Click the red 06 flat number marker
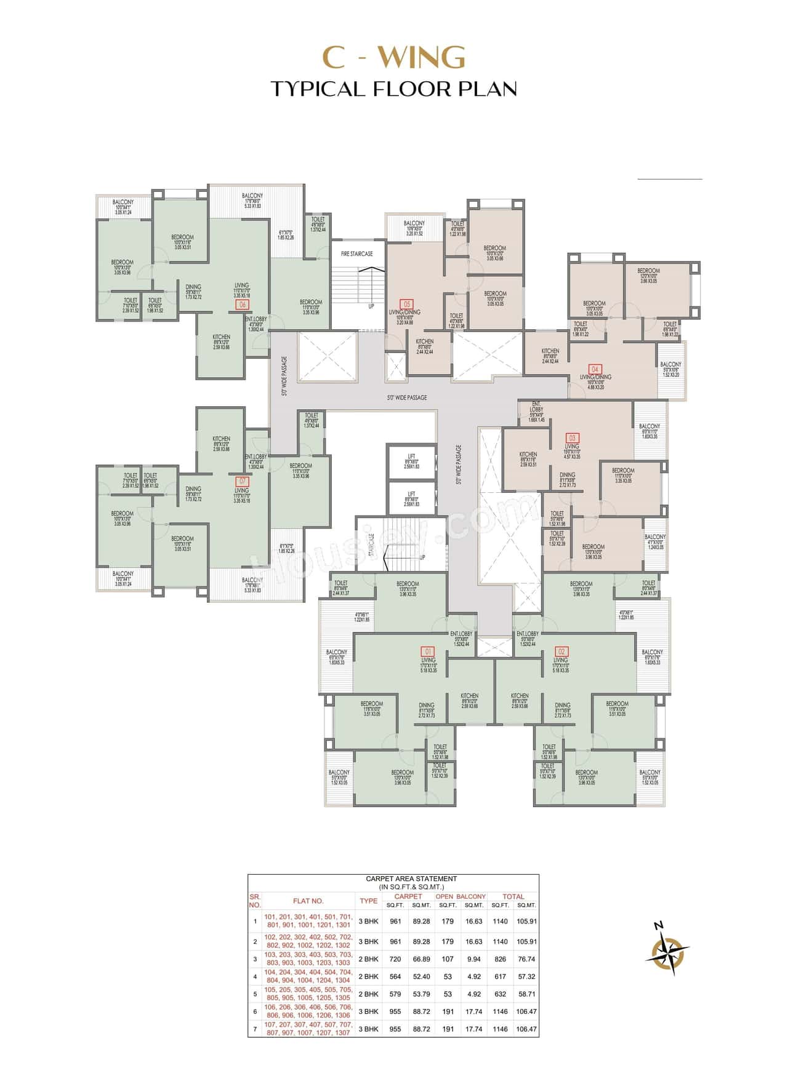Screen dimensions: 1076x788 click(243, 305)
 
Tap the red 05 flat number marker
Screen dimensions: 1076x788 click(406, 304)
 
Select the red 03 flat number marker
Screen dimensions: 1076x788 click(572, 438)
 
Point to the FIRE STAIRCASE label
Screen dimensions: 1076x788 click(357, 253)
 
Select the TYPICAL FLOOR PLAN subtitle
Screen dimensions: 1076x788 click(394, 89)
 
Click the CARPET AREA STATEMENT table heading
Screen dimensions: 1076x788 click(411, 879)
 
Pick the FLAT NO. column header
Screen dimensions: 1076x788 click(308, 901)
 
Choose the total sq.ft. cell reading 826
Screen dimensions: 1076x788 click(501, 959)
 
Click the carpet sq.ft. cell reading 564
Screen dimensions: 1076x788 click(395, 976)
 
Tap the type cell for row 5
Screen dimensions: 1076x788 click(368, 994)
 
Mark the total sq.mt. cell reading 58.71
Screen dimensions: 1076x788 click(526, 994)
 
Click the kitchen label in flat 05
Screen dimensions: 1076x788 click(425, 342)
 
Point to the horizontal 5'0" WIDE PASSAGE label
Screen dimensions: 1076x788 click(407, 397)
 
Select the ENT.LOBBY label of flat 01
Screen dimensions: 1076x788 click(461, 634)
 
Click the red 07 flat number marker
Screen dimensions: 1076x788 click(243, 482)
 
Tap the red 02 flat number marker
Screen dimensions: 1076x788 click(561, 651)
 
